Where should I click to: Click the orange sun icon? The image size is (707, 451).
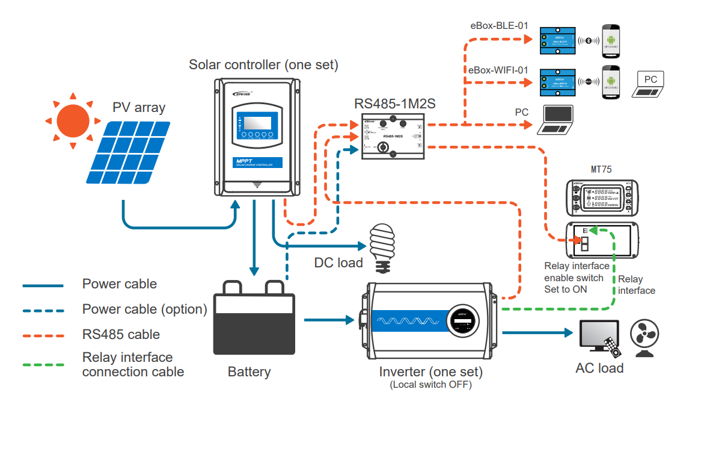pos(72,120)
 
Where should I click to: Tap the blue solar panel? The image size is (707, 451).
pos(130,153)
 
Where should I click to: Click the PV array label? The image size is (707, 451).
pos(139,108)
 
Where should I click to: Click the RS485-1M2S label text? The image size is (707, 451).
pos(394,104)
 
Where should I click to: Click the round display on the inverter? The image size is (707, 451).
pos(462,321)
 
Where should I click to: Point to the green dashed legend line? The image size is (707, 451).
pos(43,364)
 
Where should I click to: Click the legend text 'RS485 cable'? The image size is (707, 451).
pos(121,335)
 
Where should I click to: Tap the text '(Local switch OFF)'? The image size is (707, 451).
pos(430,385)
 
